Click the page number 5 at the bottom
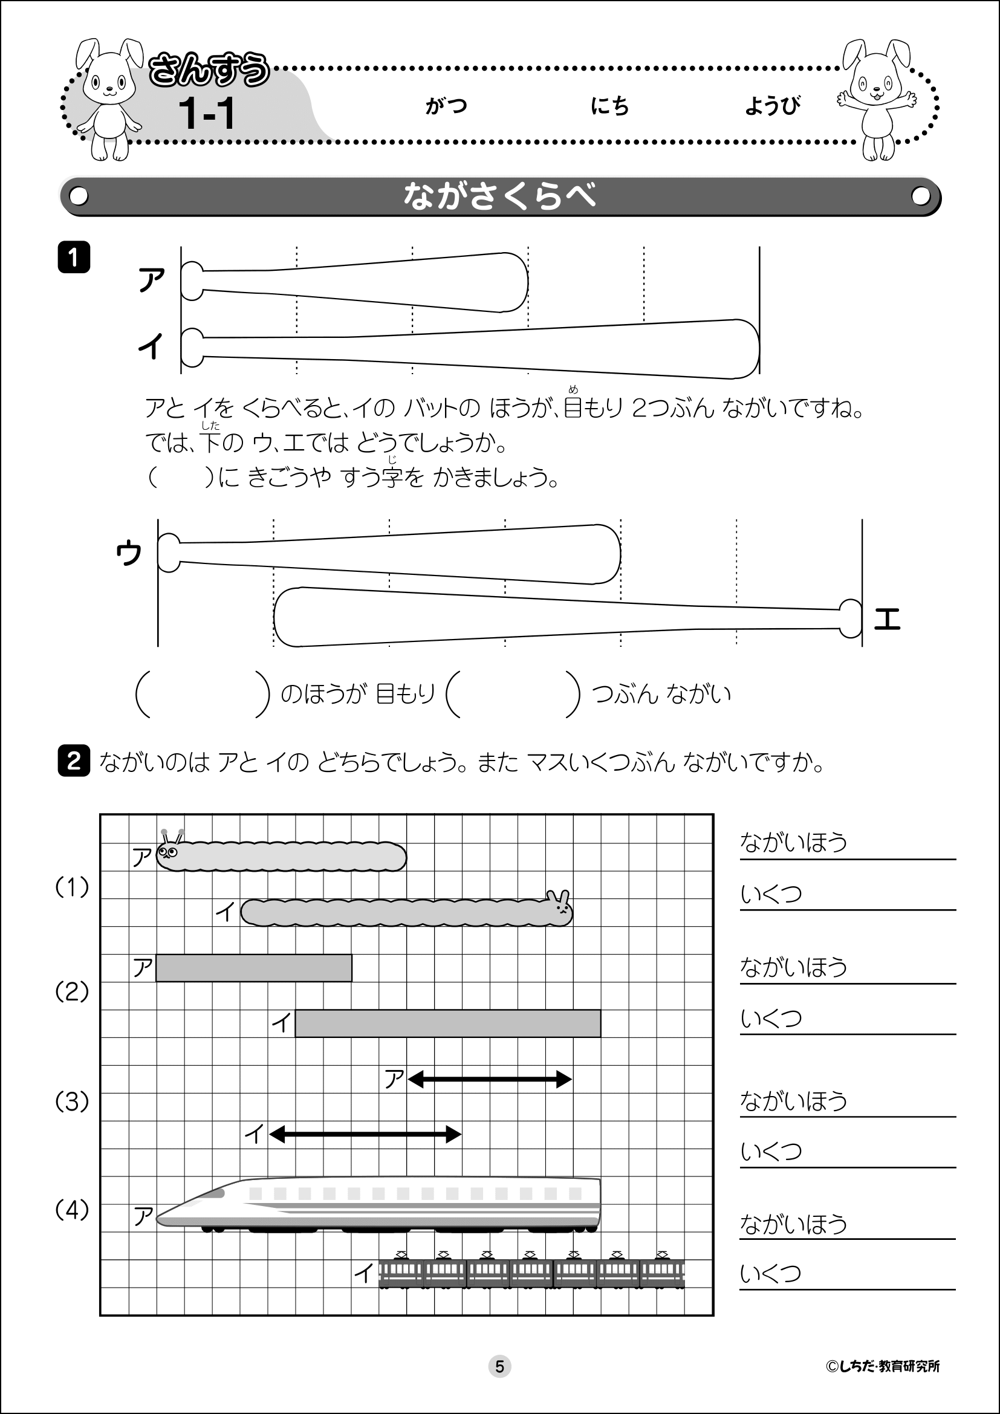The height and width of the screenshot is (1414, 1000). pyautogui.click(x=499, y=1366)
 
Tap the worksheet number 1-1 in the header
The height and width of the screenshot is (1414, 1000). pyautogui.click(x=207, y=114)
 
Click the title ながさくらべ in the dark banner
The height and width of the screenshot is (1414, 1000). pyautogui.click(x=499, y=196)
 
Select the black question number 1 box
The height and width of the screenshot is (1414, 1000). pyautogui.click(x=74, y=258)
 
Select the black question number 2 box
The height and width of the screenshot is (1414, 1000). pyautogui.click(x=74, y=761)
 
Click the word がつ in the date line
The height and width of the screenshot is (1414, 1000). pyautogui.click(x=446, y=106)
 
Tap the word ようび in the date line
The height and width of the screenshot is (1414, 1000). pyautogui.click(x=773, y=106)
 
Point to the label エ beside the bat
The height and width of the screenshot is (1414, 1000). pyautogui.click(x=888, y=619)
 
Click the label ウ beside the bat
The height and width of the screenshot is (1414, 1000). pyautogui.click(x=129, y=553)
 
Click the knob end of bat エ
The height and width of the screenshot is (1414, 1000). pyautogui.click(x=851, y=618)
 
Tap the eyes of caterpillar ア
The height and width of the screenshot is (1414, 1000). pyautogui.click(x=167, y=852)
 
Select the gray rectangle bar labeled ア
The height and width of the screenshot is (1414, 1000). pyautogui.click(x=254, y=967)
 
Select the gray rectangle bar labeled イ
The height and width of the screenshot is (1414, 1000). pyautogui.click(x=447, y=1023)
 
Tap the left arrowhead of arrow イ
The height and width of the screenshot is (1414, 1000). pyautogui.click(x=277, y=1133)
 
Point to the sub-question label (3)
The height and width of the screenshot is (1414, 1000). pyautogui.click(x=72, y=1101)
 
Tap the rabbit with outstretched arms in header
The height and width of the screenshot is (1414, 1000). pyautogui.click(x=877, y=99)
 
